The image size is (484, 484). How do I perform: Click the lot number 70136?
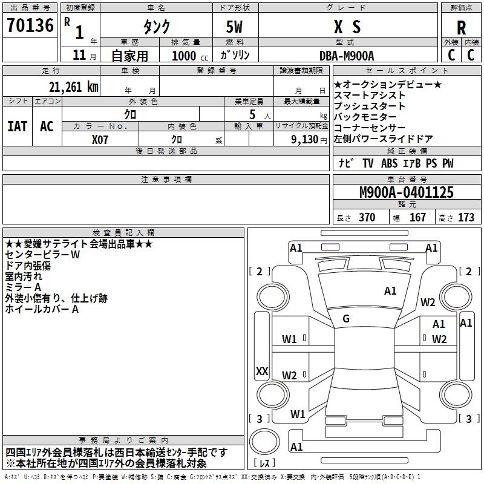coord(30,26)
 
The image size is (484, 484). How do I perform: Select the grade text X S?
coord(347,27)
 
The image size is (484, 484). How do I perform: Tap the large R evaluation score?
coord(461,27)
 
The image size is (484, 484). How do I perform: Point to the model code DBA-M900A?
coord(347,56)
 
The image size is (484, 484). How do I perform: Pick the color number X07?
coord(100,139)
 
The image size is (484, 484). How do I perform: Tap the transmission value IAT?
coord(17,126)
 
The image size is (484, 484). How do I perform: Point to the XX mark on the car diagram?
coord(262,371)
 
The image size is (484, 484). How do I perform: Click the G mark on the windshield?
coord(345,318)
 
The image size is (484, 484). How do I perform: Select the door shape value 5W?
coord(235,27)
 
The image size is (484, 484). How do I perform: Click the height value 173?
coord(466,218)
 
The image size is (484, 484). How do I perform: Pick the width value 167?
coord(417,218)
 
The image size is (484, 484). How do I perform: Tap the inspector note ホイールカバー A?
coord(42,309)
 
